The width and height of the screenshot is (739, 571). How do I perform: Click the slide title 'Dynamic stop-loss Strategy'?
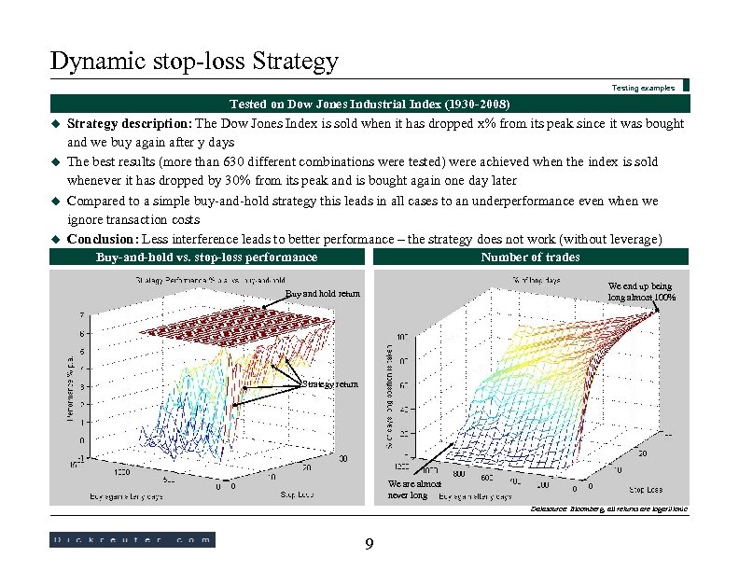click(193, 62)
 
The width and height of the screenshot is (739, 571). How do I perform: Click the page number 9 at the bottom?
click(369, 545)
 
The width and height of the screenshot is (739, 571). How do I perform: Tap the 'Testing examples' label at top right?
click(643, 88)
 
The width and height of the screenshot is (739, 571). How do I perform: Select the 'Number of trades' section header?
click(530, 257)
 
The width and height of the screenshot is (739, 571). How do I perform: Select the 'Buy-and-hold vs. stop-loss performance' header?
click(206, 257)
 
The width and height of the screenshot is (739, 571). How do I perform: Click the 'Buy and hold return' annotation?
click(321, 294)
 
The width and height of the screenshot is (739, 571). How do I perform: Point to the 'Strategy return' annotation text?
click(328, 384)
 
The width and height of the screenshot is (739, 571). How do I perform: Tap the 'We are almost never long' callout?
click(409, 490)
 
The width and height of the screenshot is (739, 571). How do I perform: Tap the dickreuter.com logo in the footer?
click(132, 539)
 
